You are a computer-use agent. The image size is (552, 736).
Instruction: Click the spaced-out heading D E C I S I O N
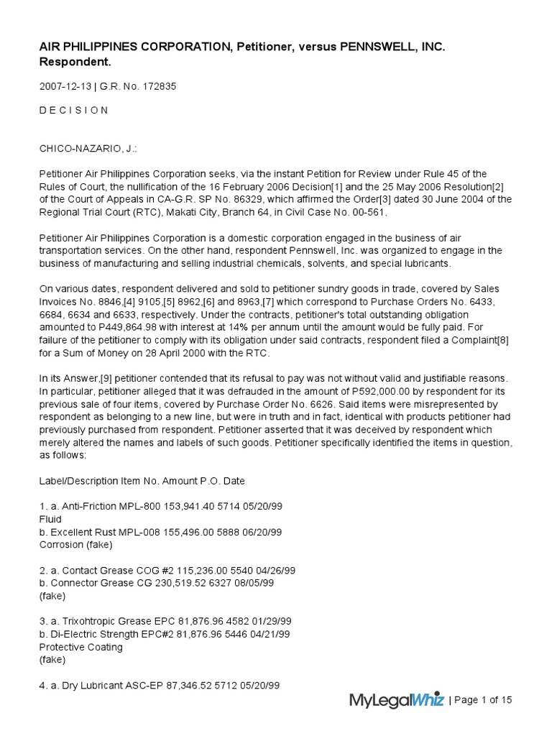73,110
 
